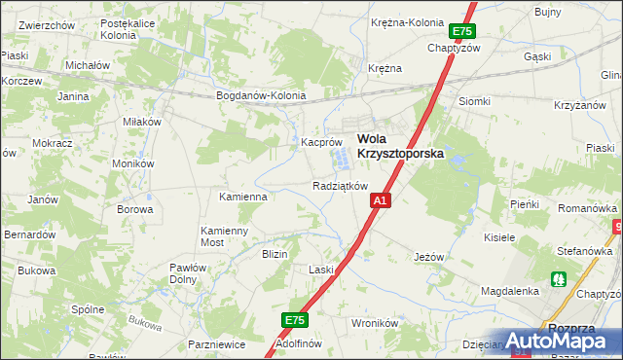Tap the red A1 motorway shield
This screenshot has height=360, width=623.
pos(381,200)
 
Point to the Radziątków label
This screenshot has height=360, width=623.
pos(340,186)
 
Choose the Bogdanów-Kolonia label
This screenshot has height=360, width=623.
pos(261,96)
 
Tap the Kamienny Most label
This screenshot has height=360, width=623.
pos(225,236)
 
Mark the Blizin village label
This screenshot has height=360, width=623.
pos(275,254)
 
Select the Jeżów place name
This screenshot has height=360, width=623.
pos(428,257)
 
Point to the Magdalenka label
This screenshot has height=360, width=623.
pos(510,291)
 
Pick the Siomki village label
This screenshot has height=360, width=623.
pos(474,101)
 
